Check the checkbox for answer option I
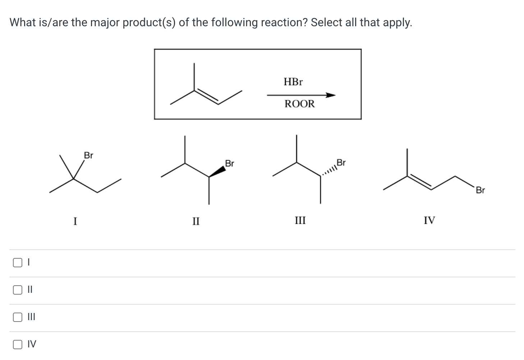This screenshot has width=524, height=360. pyautogui.click(x=17, y=263)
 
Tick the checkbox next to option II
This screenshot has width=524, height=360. pyautogui.click(x=17, y=290)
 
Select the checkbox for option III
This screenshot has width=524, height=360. pyautogui.click(x=17, y=317)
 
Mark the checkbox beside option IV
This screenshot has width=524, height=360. pyautogui.click(x=17, y=345)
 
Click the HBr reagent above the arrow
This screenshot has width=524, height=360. pyautogui.click(x=293, y=82)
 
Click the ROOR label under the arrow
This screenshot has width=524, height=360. pyautogui.click(x=299, y=104)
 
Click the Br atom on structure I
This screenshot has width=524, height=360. pyautogui.click(x=88, y=156)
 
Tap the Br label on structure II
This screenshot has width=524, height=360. pyautogui.click(x=229, y=164)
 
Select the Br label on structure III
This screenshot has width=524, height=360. pyautogui.click(x=341, y=163)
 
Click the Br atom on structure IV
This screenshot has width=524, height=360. pyautogui.click(x=480, y=190)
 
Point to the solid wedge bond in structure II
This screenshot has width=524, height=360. pyautogui.click(x=217, y=171)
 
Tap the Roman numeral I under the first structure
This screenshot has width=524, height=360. pyautogui.click(x=75, y=220)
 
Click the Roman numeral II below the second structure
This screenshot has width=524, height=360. pyautogui.click(x=196, y=220)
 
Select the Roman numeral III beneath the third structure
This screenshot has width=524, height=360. pyautogui.click(x=300, y=220)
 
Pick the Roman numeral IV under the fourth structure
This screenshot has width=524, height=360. pyautogui.click(x=429, y=220)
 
